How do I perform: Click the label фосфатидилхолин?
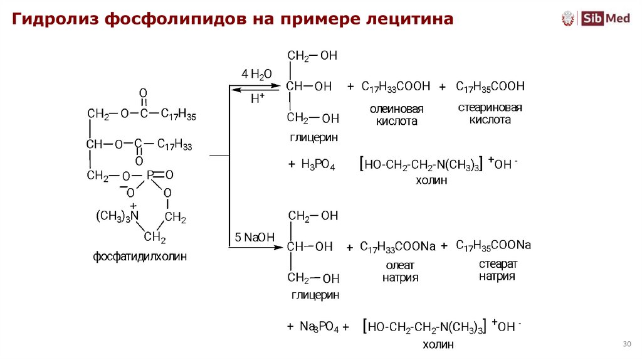140,257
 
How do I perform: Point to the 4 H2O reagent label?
256,74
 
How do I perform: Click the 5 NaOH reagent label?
255,237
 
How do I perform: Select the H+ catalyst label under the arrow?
258,98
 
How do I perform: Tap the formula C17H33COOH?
396,87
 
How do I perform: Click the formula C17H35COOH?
490,86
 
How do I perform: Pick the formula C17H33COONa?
397,246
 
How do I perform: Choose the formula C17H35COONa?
493,245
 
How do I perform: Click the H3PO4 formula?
318,165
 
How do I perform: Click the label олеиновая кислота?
396,115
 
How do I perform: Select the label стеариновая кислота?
490,114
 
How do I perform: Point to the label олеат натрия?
400,271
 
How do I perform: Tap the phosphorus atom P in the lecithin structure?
150,176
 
